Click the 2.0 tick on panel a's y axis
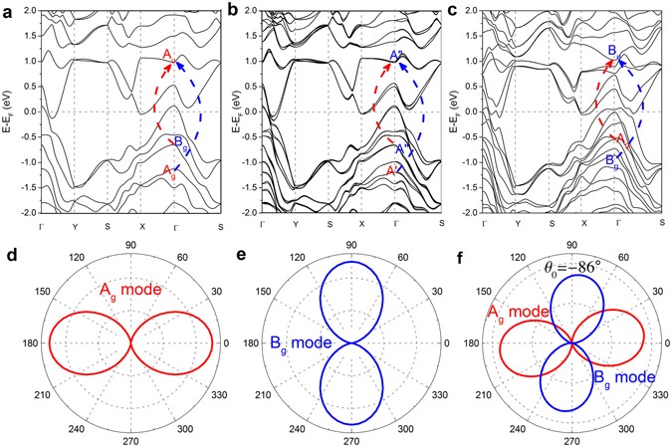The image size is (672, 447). click(x=29, y=11)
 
